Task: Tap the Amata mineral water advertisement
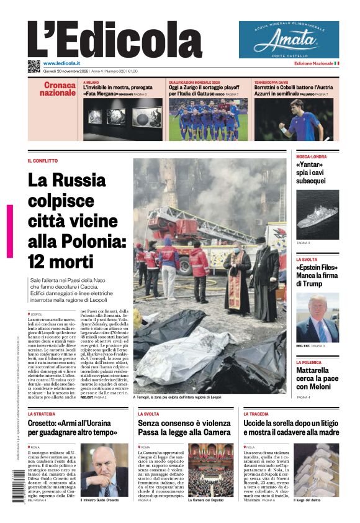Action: tap(289, 40)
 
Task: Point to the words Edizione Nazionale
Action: tap(313, 63)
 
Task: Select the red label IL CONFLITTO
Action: tap(43, 161)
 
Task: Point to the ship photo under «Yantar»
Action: tap(317, 215)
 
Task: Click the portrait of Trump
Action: tap(317, 317)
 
